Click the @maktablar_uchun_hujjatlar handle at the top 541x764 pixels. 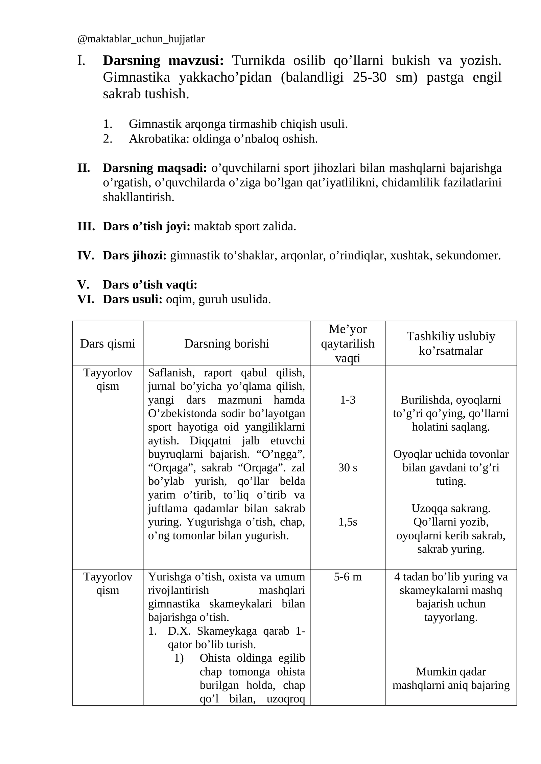(141, 39)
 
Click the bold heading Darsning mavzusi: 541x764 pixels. (163, 61)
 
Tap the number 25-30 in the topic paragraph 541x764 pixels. (369, 77)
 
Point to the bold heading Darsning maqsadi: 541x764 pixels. (155, 168)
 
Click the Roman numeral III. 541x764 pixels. (86, 226)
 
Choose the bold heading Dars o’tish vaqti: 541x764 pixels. (150, 285)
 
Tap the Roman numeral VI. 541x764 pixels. (86, 299)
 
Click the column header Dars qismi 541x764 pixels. (108, 344)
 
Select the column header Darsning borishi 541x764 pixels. (227, 344)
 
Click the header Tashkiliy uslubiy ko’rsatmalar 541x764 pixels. (451, 343)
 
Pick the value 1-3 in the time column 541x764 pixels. (348, 400)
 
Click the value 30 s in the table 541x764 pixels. (348, 468)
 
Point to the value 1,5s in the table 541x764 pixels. (348, 522)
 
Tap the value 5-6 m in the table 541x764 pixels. (348, 577)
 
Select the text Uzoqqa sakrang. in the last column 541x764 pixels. (451, 508)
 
